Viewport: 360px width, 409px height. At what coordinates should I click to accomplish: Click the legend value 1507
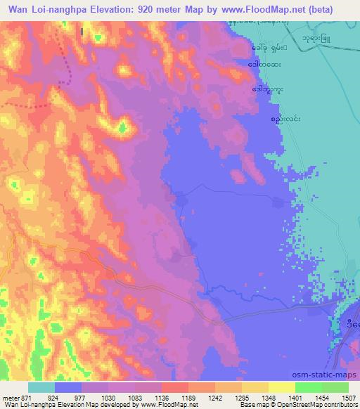(348, 396)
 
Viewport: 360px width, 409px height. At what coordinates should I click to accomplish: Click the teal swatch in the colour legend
(41, 387)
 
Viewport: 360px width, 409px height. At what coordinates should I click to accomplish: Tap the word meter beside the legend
(11, 396)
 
